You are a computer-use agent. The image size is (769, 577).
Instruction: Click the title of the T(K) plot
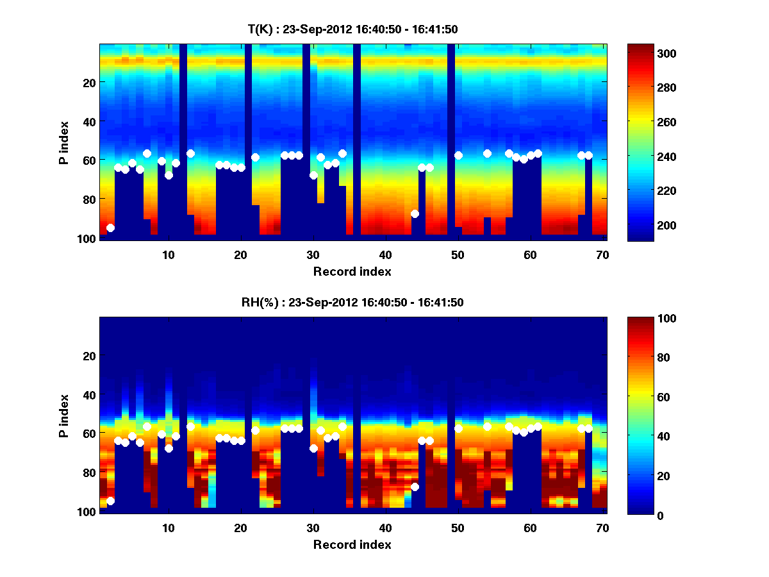[x=352, y=29]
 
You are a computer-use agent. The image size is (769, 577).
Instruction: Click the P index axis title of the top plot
[x=64, y=141]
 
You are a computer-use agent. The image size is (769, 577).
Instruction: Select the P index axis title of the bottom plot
[x=64, y=415]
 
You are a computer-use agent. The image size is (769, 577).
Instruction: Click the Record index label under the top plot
[x=352, y=271]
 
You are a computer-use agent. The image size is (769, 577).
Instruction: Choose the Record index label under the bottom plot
[x=352, y=544]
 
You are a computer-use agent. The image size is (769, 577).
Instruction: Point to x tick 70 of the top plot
[x=602, y=255]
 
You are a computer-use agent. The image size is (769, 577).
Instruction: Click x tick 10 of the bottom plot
[x=168, y=528]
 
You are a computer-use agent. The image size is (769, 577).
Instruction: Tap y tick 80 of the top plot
[x=88, y=199]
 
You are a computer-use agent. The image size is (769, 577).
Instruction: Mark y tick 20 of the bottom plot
[x=88, y=356]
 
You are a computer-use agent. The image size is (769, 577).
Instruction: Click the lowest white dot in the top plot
[x=110, y=228]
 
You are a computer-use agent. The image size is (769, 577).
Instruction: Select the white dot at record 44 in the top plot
[x=415, y=213]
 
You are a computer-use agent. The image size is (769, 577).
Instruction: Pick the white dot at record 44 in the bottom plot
[x=415, y=487]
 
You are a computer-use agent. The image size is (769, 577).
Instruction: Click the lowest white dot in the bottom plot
[x=110, y=501]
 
